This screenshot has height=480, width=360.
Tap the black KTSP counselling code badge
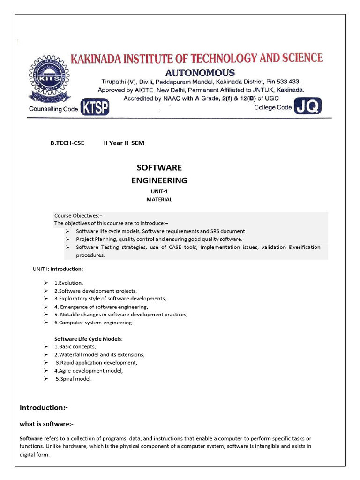(x=95, y=108)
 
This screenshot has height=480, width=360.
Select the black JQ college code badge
(x=308, y=107)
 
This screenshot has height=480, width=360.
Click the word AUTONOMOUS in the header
(x=200, y=73)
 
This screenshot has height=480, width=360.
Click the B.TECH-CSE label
(x=67, y=143)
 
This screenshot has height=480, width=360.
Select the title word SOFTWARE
(x=159, y=168)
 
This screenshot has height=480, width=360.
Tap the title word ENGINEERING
(x=159, y=180)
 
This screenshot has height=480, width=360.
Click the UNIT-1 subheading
(x=159, y=191)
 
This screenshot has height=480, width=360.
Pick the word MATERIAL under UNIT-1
(x=159, y=199)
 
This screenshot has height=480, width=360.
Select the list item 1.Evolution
(x=68, y=283)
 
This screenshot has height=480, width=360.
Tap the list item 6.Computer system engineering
(x=93, y=322)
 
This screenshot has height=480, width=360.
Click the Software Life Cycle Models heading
(x=89, y=338)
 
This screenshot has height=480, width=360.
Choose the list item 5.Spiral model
(x=74, y=379)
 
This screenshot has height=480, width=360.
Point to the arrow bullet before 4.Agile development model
(x=46, y=371)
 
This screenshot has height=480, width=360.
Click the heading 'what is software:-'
(x=46, y=424)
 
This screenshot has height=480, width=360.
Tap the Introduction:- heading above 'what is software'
(x=44, y=408)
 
